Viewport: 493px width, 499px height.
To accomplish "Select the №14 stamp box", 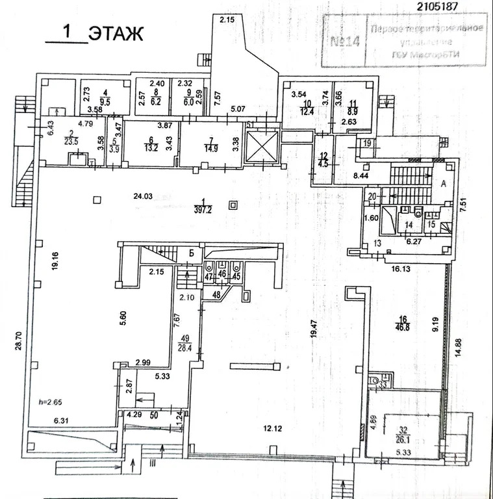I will coord(344,43).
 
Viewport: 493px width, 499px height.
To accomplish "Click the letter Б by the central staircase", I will coord(192,253).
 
